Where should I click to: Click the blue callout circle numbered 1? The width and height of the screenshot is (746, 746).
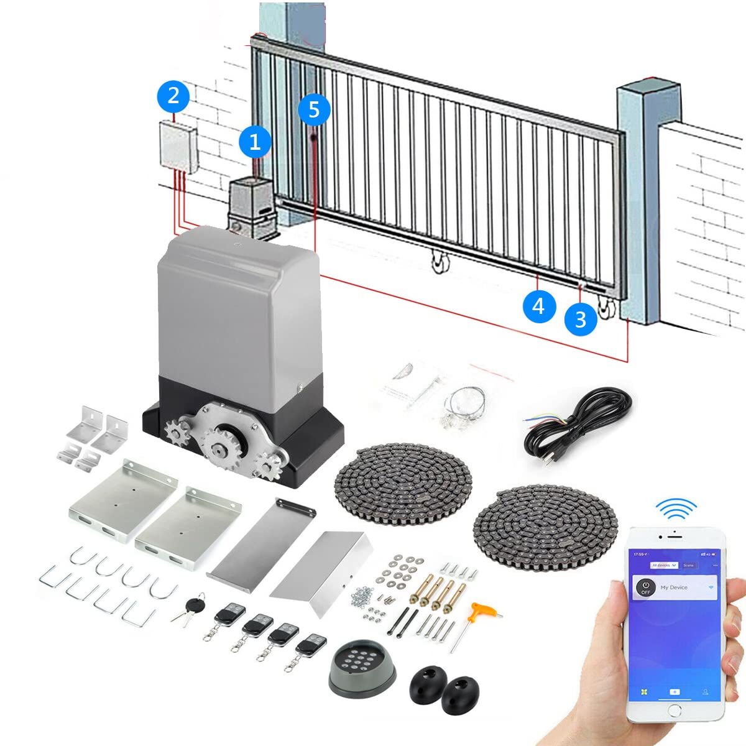(255, 142)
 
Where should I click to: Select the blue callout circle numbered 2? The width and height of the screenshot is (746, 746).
(173, 96)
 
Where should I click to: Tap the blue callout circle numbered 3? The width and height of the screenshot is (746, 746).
(581, 319)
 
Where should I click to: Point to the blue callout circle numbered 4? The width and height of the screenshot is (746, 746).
(538, 306)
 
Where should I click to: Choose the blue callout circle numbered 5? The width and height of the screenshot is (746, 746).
(314, 109)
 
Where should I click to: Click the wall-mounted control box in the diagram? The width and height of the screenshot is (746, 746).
(178, 145)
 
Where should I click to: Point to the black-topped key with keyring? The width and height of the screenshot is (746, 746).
(195, 606)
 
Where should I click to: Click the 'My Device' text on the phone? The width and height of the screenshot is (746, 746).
(674, 587)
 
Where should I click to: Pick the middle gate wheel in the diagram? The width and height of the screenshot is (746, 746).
(440, 262)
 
